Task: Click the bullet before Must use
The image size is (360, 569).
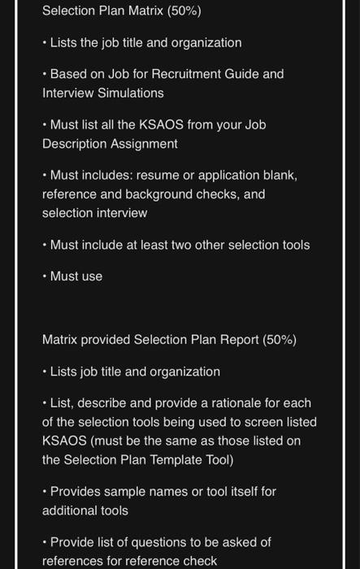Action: [45, 276]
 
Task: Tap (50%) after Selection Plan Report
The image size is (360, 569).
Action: [280, 340]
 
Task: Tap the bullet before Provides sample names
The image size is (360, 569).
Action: [45, 492]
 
